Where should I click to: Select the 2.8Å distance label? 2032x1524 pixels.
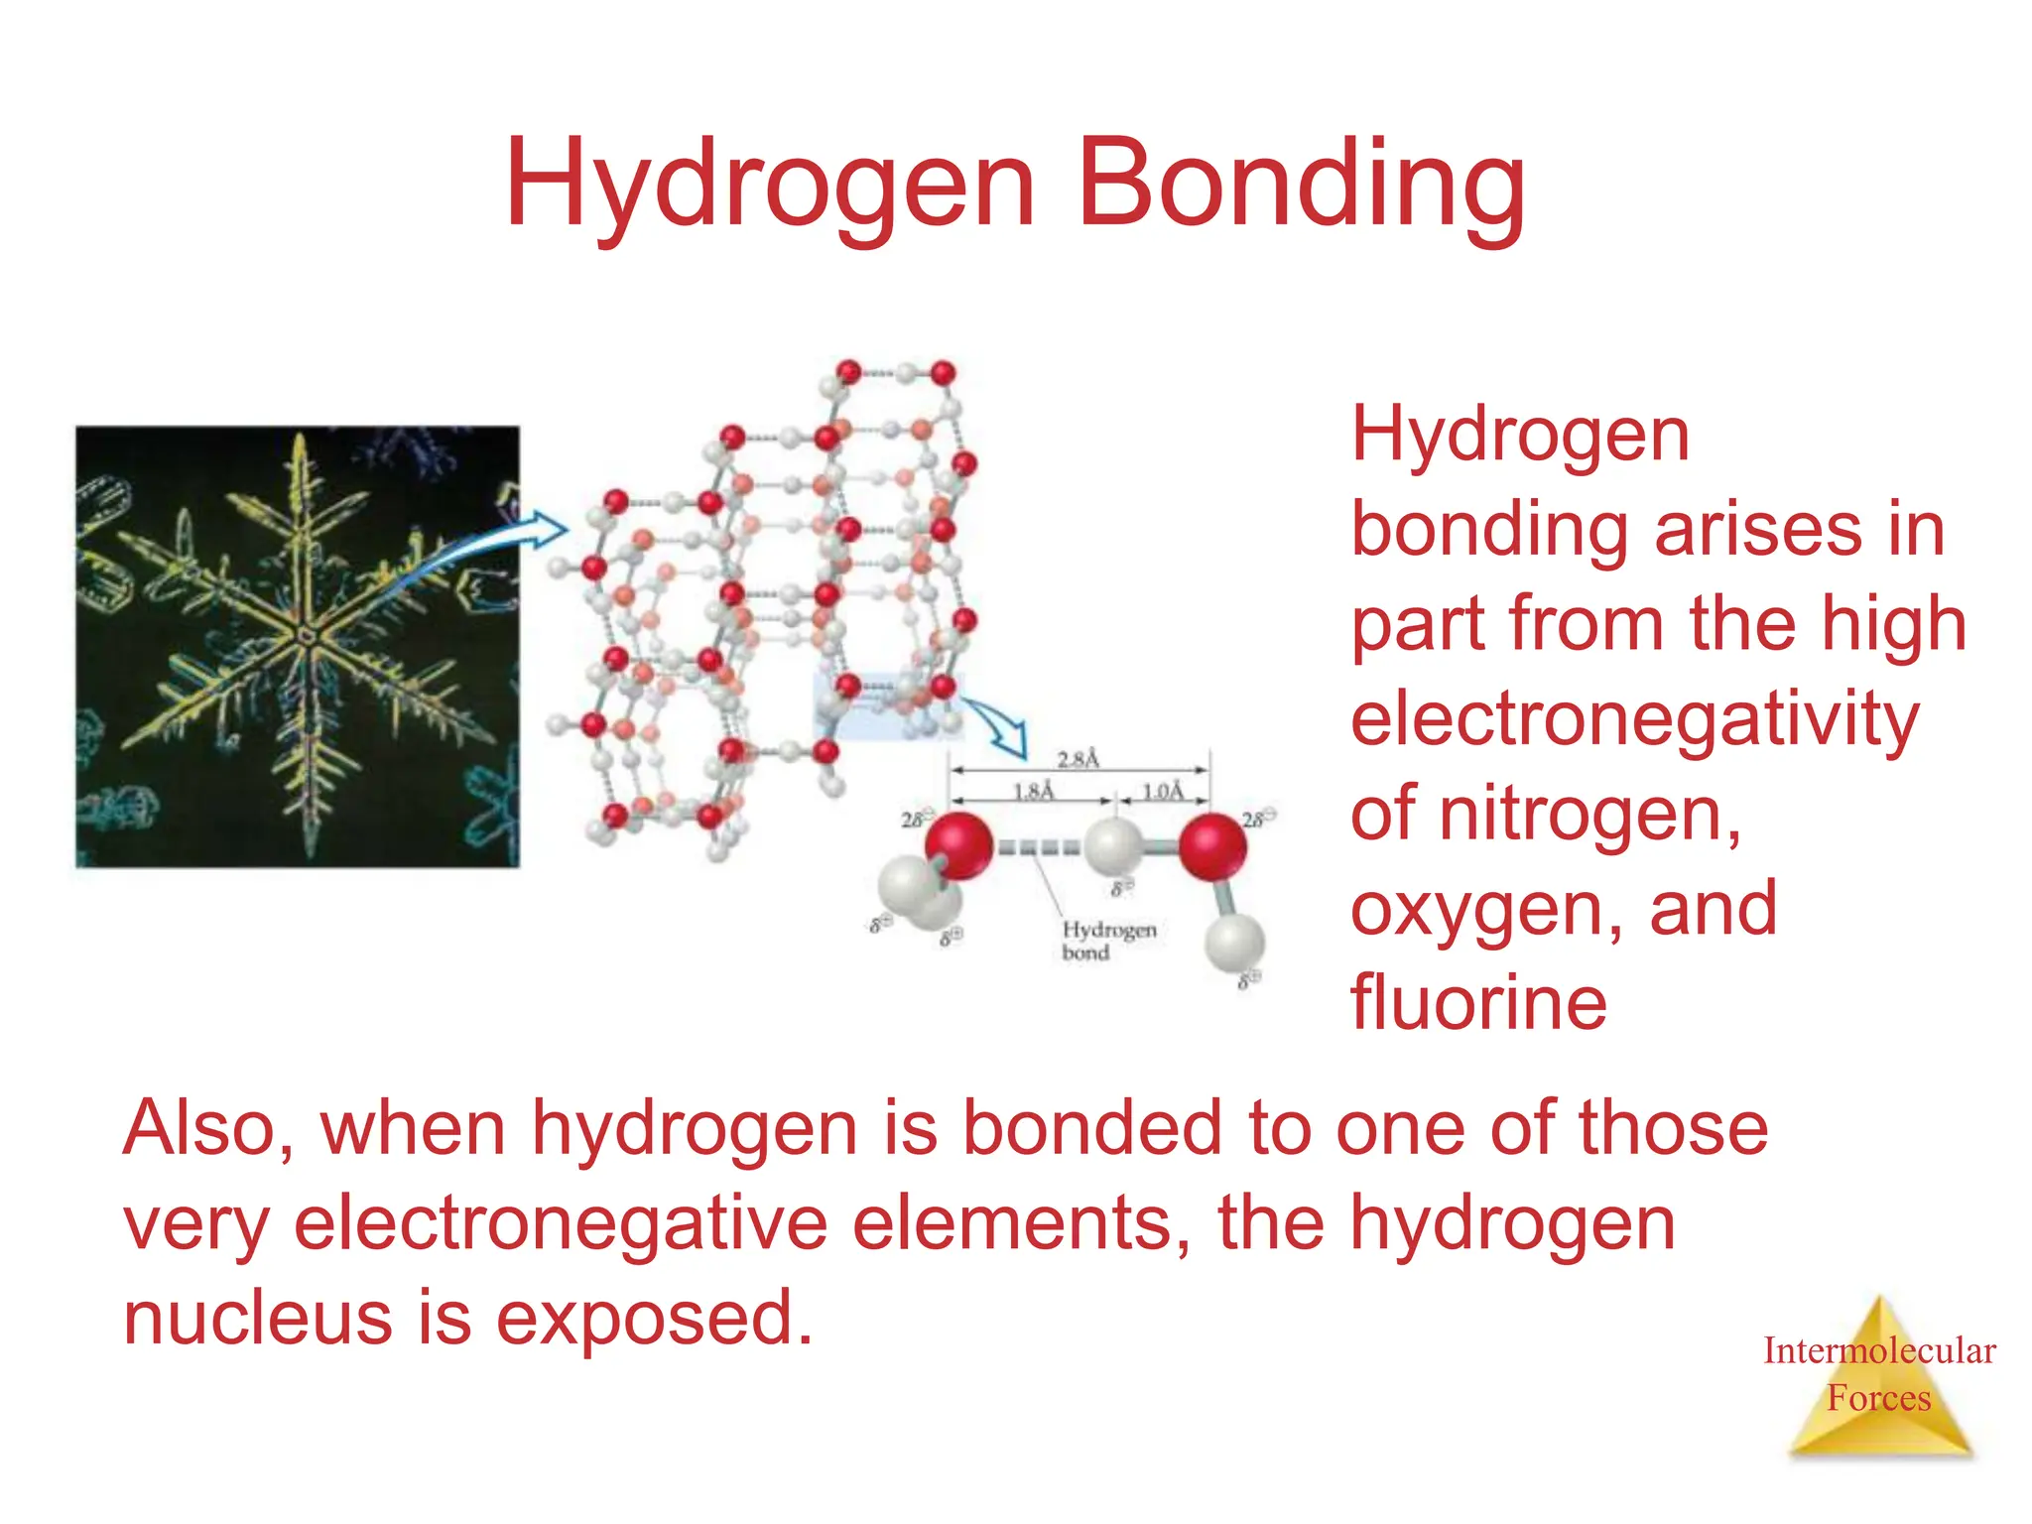click(x=1079, y=759)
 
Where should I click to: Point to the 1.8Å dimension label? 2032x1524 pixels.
click(x=1034, y=791)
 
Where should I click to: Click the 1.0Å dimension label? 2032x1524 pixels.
click(x=1163, y=791)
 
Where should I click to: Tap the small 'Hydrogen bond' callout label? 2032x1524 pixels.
click(x=1108, y=940)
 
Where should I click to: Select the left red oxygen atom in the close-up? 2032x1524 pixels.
click(x=958, y=845)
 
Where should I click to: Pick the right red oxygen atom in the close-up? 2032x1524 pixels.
click(x=1212, y=846)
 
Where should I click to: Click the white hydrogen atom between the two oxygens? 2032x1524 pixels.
click(x=1113, y=846)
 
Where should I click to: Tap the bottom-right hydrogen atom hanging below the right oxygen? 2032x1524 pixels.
click(x=1234, y=943)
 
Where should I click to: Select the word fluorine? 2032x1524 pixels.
click(x=1478, y=1002)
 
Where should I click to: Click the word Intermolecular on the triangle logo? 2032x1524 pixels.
click(x=1879, y=1350)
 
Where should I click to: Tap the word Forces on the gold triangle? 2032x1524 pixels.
click(x=1879, y=1398)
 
